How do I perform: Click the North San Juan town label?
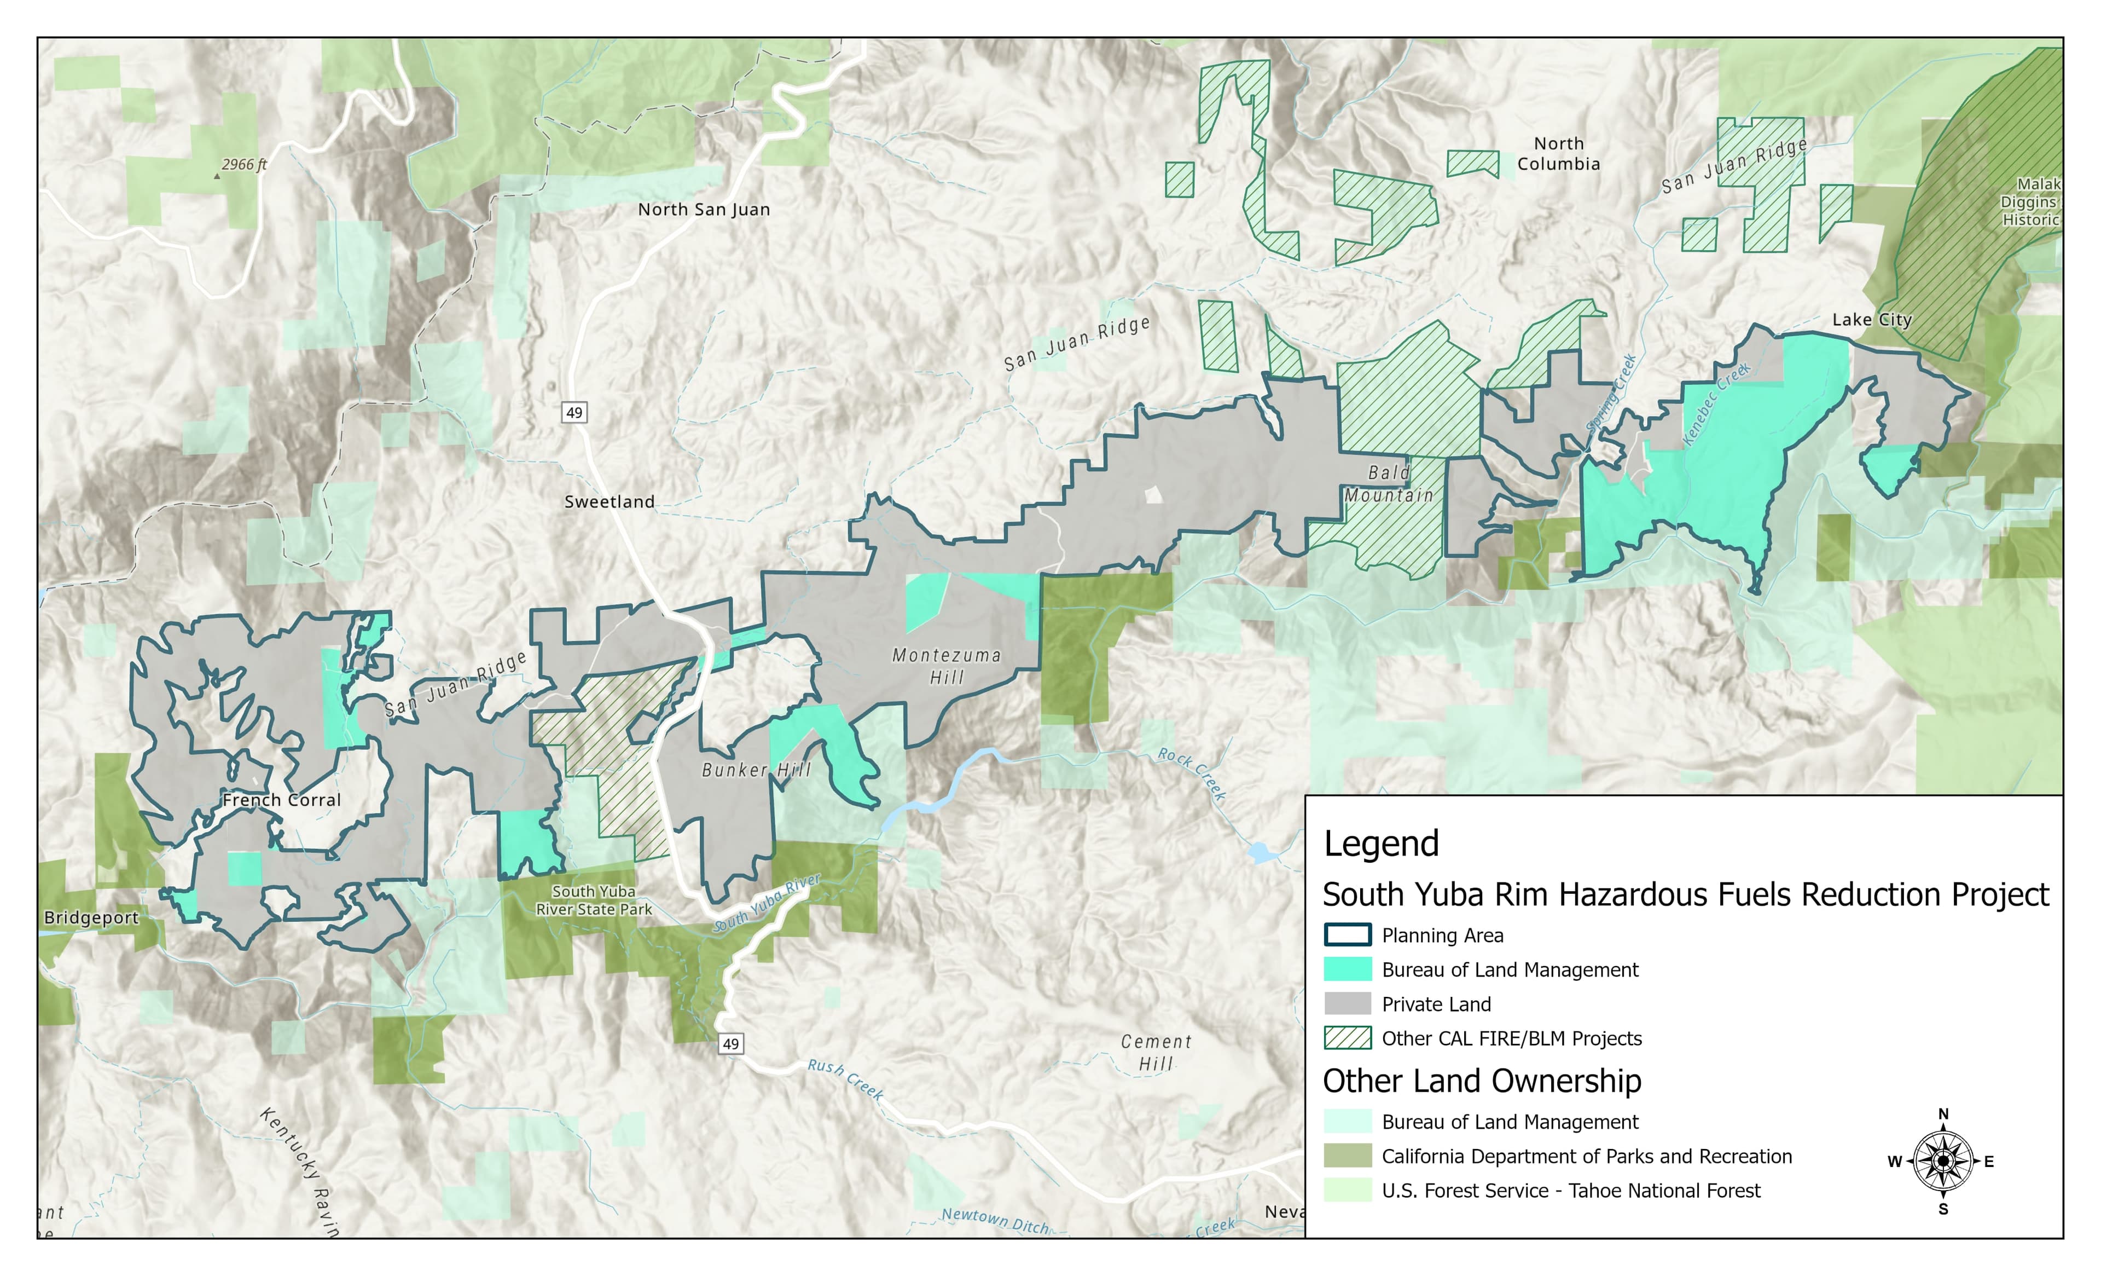tap(704, 210)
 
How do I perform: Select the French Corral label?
tap(281, 800)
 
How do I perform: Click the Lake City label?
tap(1872, 320)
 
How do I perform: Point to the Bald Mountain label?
tap(1389, 483)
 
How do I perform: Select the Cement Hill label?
tap(1156, 1053)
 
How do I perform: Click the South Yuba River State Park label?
tap(594, 900)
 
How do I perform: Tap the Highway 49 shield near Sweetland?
tap(574, 413)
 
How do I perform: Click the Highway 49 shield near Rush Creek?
tap(731, 1044)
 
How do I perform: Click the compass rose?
tap(1942, 1161)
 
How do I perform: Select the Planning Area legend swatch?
tap(1347, 936)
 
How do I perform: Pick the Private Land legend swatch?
tap(1347, 1004)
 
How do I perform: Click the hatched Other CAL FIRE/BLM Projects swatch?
tap(1347, 1038)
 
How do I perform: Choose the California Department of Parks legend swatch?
tap(1347, 1156)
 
